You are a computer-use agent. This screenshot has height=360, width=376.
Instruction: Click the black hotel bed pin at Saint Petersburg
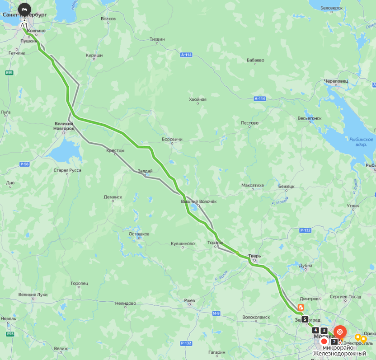tap(24, 9)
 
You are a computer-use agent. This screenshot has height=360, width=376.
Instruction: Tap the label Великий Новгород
tap(64, 126)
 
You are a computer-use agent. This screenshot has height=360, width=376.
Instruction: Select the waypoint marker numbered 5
tap(305, 319)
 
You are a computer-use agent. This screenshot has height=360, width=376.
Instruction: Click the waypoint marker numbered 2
tap(334, 341)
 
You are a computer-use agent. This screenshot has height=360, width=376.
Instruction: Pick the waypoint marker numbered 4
tap(315, 330)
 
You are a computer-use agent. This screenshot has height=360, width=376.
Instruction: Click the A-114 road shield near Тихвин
tap(186, 55)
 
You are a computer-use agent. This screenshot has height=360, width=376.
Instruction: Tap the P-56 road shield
tap(24, 164)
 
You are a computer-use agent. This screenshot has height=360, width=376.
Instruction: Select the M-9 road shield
tap(216, 313)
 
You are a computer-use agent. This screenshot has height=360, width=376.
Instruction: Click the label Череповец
tap(336, 81)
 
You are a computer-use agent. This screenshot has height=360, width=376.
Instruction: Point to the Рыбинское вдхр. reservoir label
tap(361, 142)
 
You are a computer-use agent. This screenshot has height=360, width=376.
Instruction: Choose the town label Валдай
tap(145, 171)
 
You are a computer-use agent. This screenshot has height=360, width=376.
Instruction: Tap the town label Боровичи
tap(172, 140)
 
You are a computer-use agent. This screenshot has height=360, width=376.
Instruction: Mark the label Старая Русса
tap(67, 170)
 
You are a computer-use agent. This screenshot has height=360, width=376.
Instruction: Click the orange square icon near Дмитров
tap(301, 307)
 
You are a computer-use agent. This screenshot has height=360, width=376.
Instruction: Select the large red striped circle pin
tap(340, 332)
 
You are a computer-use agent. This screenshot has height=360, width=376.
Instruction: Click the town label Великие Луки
tap(33, 295)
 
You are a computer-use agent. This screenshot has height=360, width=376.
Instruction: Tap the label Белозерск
tap(332, 8)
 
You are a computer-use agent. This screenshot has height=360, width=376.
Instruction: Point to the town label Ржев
tap(190, 300)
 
